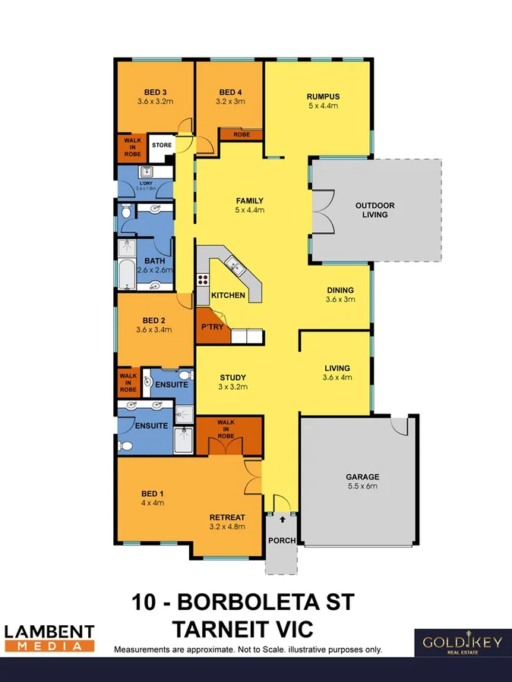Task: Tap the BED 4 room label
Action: [229, 92]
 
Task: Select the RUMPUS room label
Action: [322, 96]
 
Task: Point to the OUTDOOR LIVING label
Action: [375, 210]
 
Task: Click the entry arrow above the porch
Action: [283, 520]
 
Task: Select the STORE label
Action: [162, 145]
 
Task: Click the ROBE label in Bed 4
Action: [241, 134]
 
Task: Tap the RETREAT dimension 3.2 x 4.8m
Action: [227, 528]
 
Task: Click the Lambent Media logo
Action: [50, 637]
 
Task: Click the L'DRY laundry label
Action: [145, 184]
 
